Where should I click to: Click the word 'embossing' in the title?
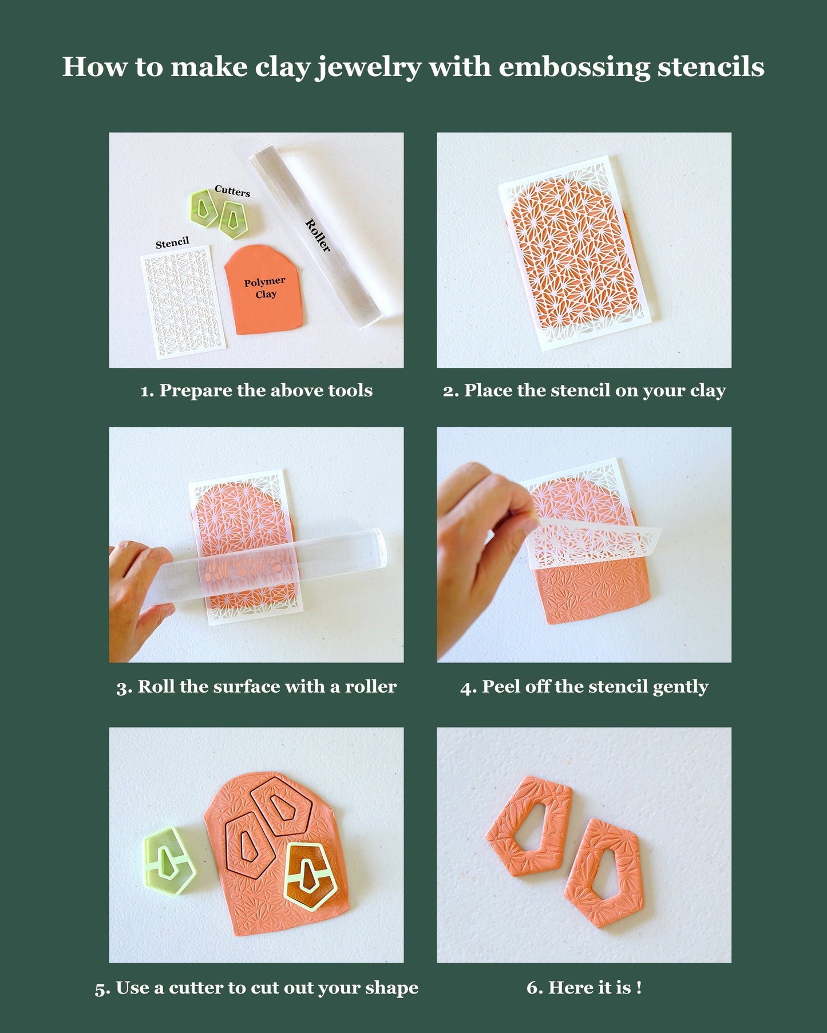(x=574, y=67)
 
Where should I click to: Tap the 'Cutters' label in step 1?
(x=232, y=191)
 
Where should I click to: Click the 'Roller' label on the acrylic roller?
(x=318, y=235)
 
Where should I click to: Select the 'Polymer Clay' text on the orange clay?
(x=265, y=288)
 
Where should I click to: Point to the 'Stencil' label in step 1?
(x=172, y=243)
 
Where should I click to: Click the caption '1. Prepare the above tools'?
(x=256, y=391)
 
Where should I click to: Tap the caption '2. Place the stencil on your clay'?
(x=584, y=391)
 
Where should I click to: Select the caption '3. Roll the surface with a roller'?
(x=256, y=686)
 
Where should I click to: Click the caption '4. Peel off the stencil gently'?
(x=584, y=686)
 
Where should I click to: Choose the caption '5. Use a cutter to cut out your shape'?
(x=256, y=988)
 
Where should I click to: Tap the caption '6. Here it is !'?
(x=584, y=988)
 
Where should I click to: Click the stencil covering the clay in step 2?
(x=578, y=252)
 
